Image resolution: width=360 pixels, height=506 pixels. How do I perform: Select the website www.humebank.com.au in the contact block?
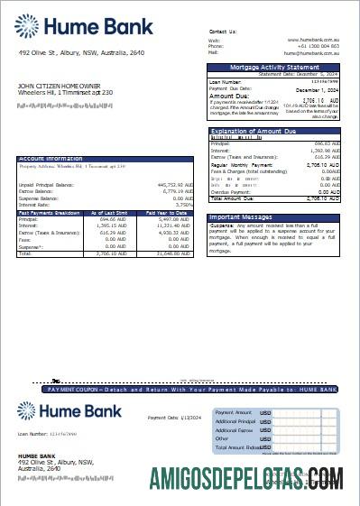[312, 40]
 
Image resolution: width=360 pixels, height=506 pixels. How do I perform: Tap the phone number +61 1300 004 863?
[319, 46]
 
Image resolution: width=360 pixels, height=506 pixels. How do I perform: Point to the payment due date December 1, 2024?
[317, 88]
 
